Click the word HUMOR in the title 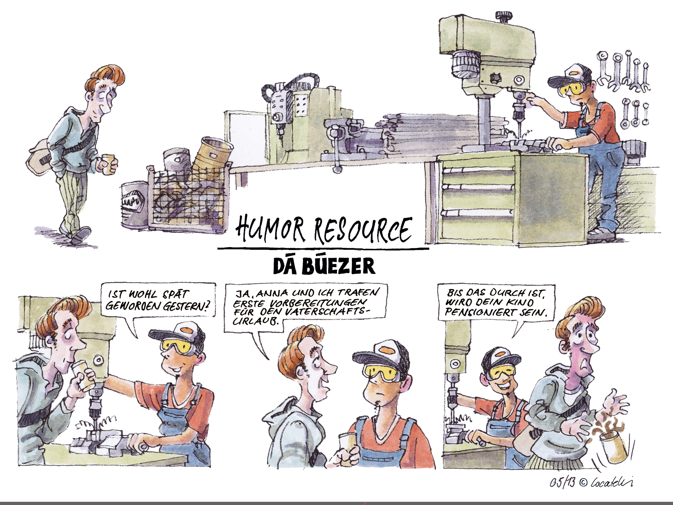click(x=270, y=228)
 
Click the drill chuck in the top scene click(x=518, y=106)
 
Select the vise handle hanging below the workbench click(x=337, y=154)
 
